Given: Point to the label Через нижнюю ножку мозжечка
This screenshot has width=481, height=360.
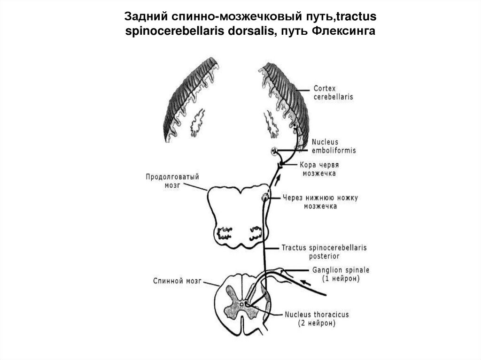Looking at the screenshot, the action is (x=320, y=202).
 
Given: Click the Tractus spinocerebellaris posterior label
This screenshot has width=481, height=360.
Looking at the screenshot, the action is (x=324, y=252).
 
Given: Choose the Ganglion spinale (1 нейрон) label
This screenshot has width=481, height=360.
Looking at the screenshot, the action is (x=341, y=274).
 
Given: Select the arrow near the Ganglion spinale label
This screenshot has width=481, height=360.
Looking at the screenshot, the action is (x=305, y=283).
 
